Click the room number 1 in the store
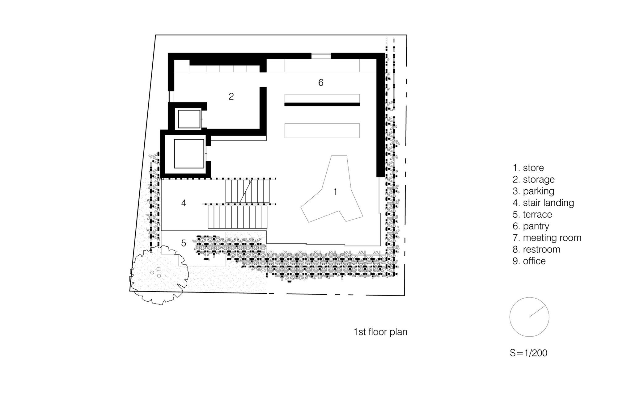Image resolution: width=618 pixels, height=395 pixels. point(335,192)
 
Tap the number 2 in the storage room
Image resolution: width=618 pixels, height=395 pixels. point(231,96)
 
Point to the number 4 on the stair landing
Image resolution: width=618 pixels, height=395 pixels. point(184,203)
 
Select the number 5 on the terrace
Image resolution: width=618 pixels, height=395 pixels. point(184,243)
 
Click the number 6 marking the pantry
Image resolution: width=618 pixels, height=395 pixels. point(321,82)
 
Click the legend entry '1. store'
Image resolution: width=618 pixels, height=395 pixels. point(528,168)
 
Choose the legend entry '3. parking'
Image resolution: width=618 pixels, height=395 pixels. point(533,191)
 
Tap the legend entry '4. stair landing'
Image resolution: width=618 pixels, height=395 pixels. point(543,203)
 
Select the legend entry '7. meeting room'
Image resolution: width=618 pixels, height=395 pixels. point(547,238)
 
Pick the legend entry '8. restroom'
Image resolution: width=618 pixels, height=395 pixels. point(536,249)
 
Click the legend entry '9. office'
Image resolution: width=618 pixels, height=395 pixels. point(529,261)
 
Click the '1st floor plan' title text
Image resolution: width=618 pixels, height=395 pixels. point(380,332)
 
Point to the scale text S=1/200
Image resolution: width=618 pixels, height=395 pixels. point(528,353)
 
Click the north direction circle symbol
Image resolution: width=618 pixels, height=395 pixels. point(529,317)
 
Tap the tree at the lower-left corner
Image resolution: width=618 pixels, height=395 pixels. point(159,275)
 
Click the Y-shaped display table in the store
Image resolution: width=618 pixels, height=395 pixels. point(332,189)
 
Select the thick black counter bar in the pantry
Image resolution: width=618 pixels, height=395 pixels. point(322,105)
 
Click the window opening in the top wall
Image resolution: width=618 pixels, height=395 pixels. point(321,56)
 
